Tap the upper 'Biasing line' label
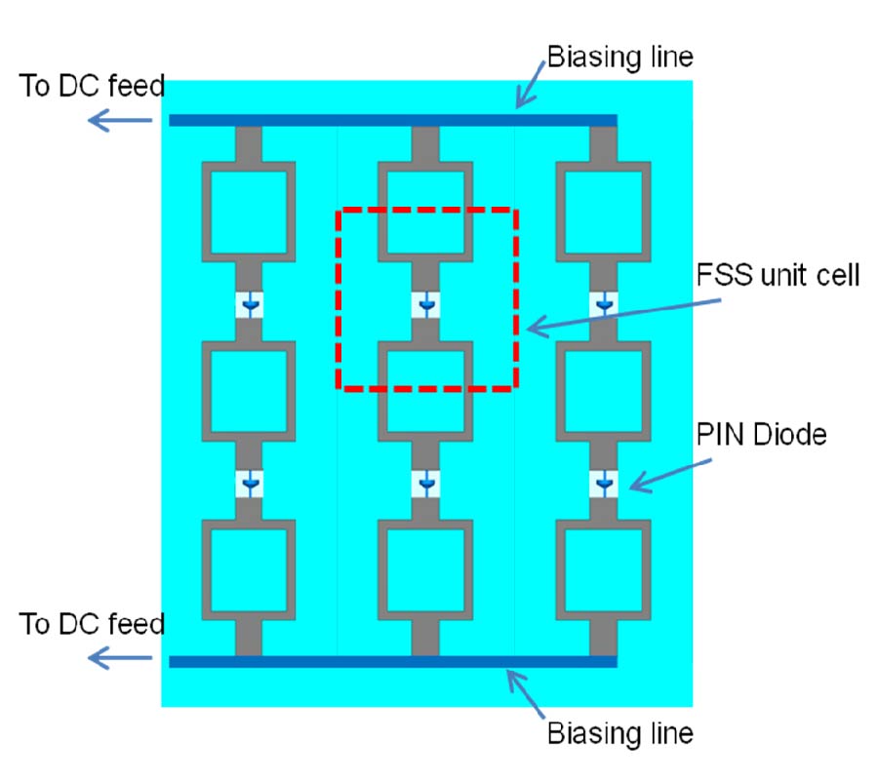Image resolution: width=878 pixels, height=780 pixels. point(619,57)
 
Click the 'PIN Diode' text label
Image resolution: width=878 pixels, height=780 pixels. point(761,435)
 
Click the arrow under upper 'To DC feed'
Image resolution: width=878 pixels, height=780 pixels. point(120,120)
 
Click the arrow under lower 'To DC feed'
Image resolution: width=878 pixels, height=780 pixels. point(120,658)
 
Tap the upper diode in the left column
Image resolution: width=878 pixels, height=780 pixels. point(250,306)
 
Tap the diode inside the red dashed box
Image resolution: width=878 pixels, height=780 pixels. point(426,306)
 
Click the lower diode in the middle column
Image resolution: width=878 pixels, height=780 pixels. point(426,483)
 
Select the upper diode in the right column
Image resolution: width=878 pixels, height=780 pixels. point(604,306)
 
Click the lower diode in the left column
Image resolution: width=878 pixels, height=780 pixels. point(250,483)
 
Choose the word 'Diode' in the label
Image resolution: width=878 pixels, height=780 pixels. point(787,435)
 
